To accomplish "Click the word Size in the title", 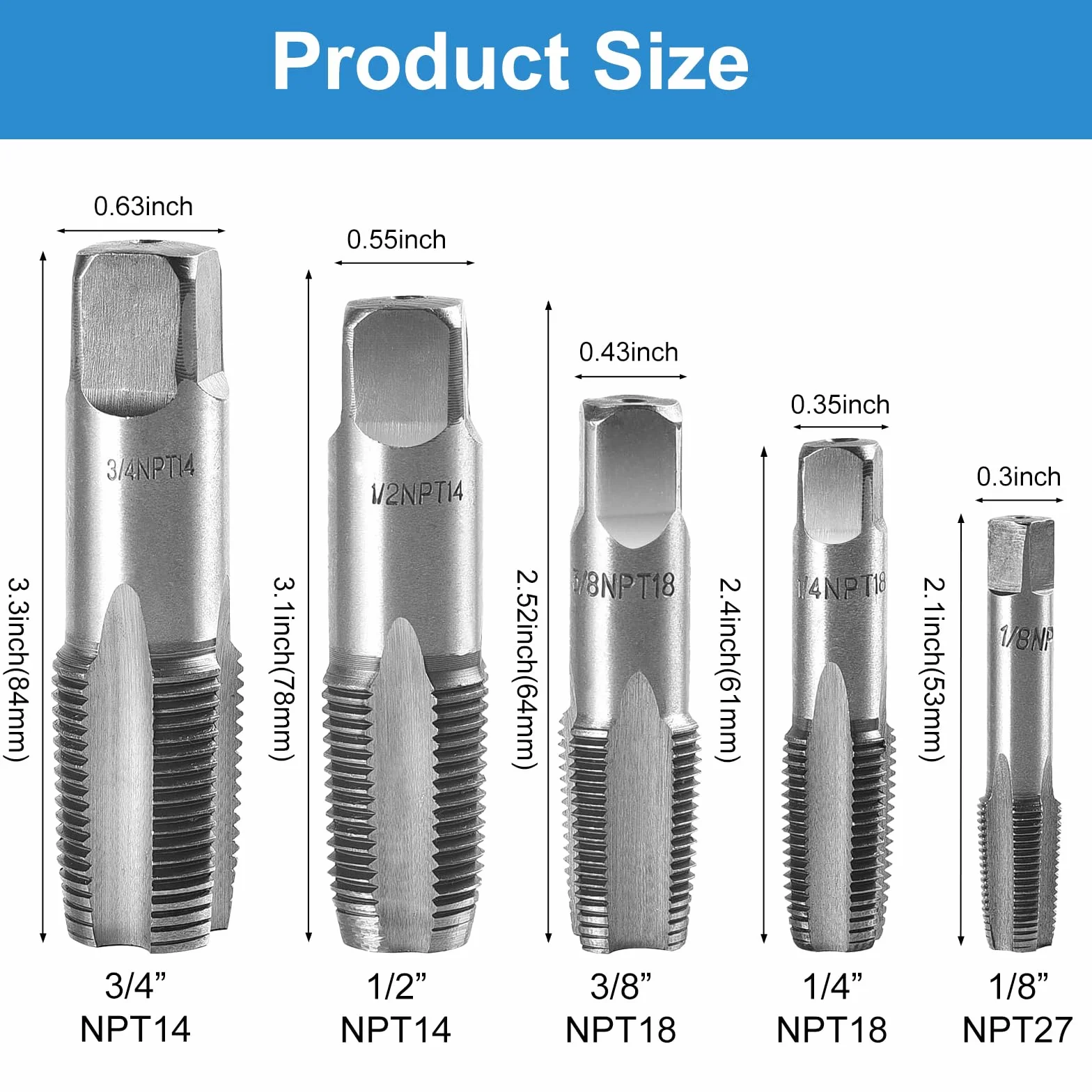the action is point(671,61).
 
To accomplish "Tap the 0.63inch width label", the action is point(143,206).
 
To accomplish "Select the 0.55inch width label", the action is point(396,240).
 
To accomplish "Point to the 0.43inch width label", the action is point(629,352).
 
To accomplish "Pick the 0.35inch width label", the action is point(840,405).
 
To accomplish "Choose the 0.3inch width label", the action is point(1019,476).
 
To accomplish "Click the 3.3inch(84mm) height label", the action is point(18,669).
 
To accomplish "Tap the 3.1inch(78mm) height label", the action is point(283,669).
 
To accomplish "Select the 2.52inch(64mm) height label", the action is point(526,669).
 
